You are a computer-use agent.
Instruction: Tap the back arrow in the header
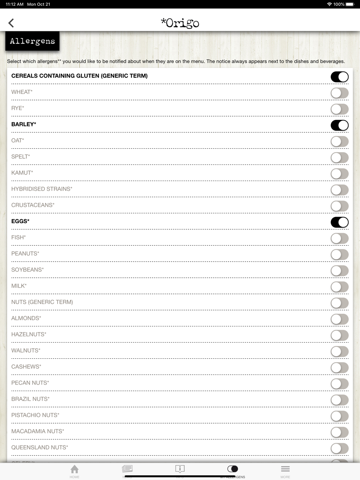pos(11,23)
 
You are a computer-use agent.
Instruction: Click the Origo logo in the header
pos(180,23)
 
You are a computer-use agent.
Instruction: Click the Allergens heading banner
pos(32,41)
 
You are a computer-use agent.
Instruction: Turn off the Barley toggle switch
pos(339,125)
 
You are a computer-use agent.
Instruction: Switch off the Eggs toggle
pos(339,222)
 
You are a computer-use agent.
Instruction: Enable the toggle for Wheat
pos(339,93)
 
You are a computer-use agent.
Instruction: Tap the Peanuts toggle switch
pos(339,254)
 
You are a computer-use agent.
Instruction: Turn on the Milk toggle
pos(339,287)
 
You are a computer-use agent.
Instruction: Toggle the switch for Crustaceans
pos(339,206)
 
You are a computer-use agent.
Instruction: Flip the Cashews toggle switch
pos(339,368)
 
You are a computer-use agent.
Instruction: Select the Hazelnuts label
pos(29,334)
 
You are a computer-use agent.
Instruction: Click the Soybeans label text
pos(27,270)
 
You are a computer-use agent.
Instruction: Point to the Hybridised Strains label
pos(42,189)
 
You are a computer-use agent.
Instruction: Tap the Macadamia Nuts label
pos(38,431)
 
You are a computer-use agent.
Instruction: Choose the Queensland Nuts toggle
pos(339,448)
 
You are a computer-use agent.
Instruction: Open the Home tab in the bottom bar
pos(75,471)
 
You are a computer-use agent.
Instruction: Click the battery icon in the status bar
pos(350,4)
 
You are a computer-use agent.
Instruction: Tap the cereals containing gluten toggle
pos(339,77)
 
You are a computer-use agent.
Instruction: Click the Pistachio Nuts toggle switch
pos(339,416)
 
